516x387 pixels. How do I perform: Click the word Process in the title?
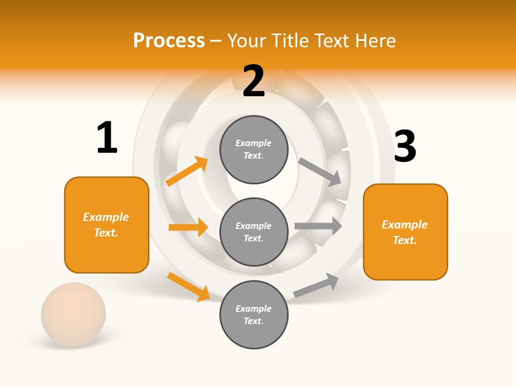[x=169, y=40]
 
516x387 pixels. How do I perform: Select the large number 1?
[x=107, y=138]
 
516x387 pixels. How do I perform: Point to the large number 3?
[x=405, y=146]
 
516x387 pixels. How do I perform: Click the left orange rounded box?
[x=106, y=225]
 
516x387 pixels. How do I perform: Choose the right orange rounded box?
[x=405, y=232]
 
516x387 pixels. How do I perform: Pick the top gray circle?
[x=254, y=149]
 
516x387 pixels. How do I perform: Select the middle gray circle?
[x=254, y=232]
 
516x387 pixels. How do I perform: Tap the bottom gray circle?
[x=254, y=314]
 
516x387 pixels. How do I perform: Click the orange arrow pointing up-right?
[x=187, y=171]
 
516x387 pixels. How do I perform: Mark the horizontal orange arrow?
[x=188, y=227]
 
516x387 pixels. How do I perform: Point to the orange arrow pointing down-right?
[x=188, y=286]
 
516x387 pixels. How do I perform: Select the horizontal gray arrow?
[x=318, y=226]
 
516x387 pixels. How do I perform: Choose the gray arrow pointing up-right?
[x=316, y=285]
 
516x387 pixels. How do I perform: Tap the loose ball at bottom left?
[x=74, y=314]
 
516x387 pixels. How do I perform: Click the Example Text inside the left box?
[x=106, y=225]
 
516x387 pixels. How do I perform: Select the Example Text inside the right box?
[x=405, y=232]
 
